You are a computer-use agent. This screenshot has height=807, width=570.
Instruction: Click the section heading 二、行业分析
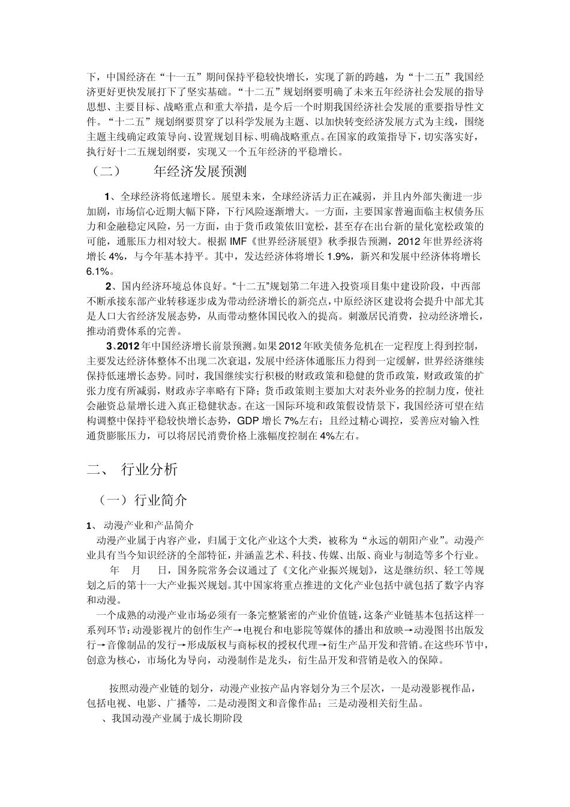pyautogui.click(x=132, y=470)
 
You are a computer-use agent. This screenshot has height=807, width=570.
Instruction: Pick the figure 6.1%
pyautogui.click(x=100, y=272)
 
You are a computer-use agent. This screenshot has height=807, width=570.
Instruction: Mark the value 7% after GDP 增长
pyautogui.click(x=292, y=420)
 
